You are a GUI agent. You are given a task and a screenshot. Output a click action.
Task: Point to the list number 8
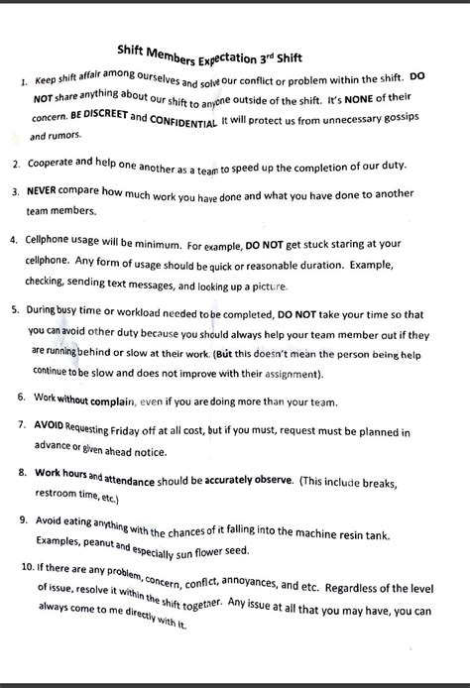pos(22,474)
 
